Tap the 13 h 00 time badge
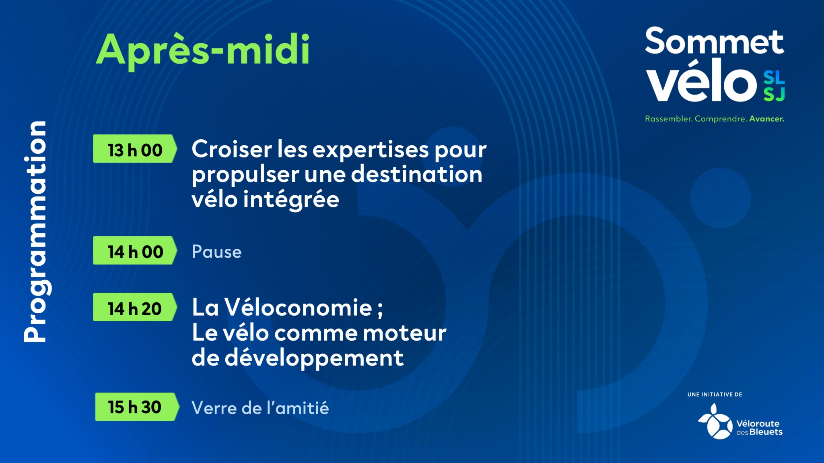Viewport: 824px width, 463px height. (135, 149)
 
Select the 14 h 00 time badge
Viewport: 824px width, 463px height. (135, 250)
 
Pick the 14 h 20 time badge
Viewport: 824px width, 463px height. (135, 307)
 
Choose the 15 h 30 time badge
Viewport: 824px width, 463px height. (137, 407)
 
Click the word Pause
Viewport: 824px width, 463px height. (216, 252)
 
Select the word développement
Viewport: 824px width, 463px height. (314, 358)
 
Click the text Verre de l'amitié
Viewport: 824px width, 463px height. (260, 408)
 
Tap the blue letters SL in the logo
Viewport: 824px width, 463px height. (774, 77)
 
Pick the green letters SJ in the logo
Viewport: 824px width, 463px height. (774, 94)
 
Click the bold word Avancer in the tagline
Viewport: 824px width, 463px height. (767, 119)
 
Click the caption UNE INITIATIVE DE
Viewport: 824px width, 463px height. (715, 395)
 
